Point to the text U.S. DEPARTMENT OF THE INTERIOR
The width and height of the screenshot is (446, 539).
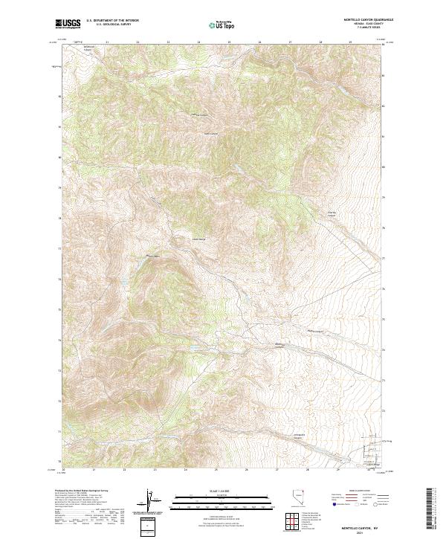[x=112, y=21]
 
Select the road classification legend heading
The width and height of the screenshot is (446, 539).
[x=349, y=492]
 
